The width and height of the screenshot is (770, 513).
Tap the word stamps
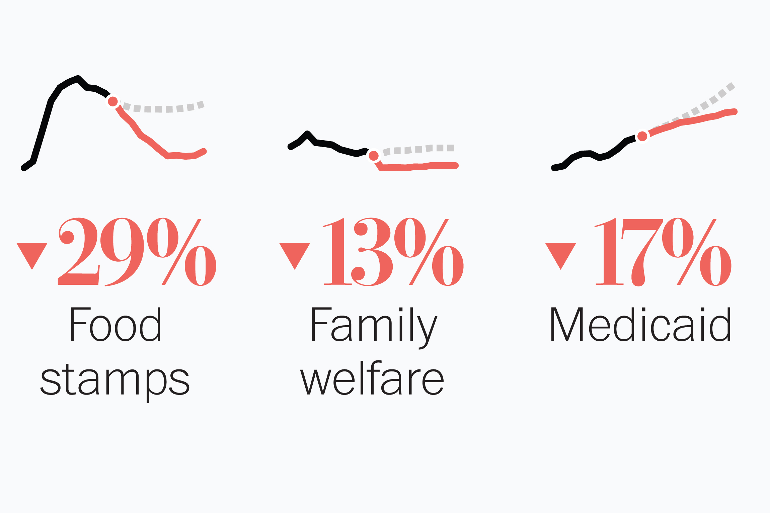pos(115,381)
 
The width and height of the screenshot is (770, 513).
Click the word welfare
pos(372,378)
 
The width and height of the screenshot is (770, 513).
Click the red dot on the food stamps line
pos(113,101)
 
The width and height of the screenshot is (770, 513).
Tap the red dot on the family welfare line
pos(374,156)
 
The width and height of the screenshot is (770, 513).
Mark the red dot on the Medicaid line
pos(642,136)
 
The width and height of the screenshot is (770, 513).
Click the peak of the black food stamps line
pos(78,78)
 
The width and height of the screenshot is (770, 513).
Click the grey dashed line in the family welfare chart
pos(418,149)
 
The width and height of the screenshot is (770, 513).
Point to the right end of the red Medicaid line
pos(735,111)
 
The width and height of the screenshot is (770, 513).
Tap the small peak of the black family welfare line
pos(307,134)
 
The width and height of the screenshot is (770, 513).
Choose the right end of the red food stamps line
pos(204,152)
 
